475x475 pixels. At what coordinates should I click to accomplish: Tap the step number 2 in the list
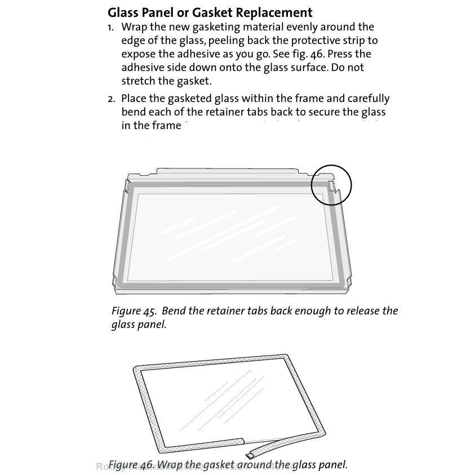(111, 99)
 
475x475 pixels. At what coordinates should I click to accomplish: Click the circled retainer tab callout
(331, 185)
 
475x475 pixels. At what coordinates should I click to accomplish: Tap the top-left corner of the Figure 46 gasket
(137, 370)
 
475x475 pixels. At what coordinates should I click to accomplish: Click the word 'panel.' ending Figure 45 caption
(152, 325)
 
